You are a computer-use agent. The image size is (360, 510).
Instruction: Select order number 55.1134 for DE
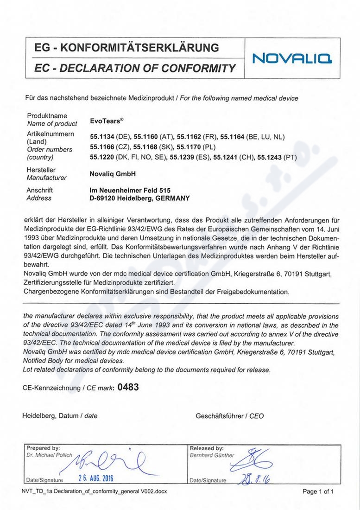pos(101,137)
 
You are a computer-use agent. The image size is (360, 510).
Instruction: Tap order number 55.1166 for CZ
pos(101,147)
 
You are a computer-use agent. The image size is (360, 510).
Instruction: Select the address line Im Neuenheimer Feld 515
pos(130,190)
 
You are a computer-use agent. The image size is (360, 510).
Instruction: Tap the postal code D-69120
pos(104,198)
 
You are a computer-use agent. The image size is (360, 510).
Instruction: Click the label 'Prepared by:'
pos(43,448)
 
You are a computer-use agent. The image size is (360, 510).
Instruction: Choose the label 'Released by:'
pos(207,448)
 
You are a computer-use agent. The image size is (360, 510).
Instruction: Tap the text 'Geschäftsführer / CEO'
pos(230,416)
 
